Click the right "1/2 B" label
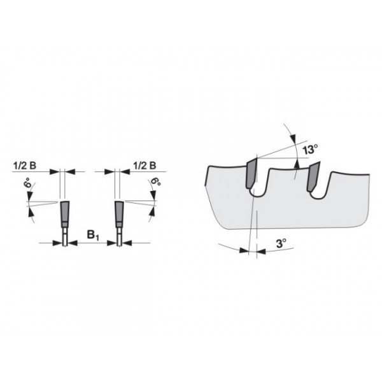pyautogui.click(x=145, y=165)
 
